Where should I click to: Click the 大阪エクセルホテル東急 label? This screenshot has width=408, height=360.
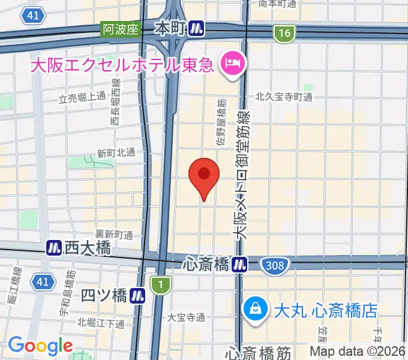coord(123,64)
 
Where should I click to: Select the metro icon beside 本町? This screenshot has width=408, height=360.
coord(196,28)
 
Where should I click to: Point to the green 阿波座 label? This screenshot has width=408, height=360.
coord(120,29)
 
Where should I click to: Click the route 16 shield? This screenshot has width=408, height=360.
coord(284,34)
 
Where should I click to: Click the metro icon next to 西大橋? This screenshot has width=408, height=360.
coord(54,247)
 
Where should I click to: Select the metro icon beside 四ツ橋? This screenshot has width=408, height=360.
coord(139,295)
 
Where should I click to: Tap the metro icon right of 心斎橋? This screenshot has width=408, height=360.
coord(240,263)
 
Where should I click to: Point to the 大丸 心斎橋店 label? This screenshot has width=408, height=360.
coord(325,310)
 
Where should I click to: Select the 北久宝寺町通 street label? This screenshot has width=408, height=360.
coord(284,96)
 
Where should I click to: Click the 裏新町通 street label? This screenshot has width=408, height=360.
coord(113,233)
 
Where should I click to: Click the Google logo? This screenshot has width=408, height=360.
coord(40,346)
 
